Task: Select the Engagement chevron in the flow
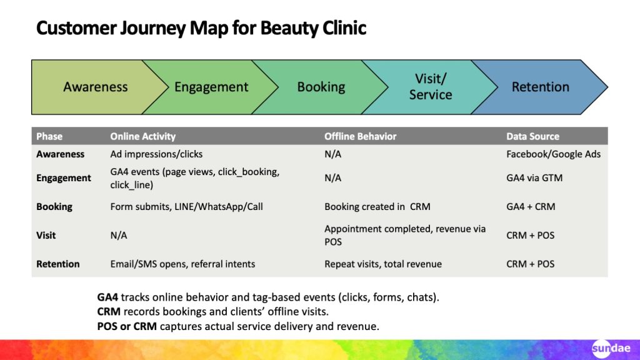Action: coord(211,87)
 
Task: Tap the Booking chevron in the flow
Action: coord(321,87)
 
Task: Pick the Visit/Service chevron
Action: coord(430,87)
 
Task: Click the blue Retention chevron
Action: coord(540,87)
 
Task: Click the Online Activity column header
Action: coord(142,136)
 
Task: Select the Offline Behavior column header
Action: coord(360,136)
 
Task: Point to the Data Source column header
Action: coord(532,136)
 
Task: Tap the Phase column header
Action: coord(49,136)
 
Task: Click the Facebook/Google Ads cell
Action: coord(553,154)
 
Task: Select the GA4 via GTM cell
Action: coord(534,177)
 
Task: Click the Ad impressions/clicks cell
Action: coord(156,154)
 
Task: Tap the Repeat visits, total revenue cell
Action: coord(382,264)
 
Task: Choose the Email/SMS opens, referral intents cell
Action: coord(182,264)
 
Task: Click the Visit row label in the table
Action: coord(46,235)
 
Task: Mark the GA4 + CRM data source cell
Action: coord(531,206)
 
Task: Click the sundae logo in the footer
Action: coord(611,348)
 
